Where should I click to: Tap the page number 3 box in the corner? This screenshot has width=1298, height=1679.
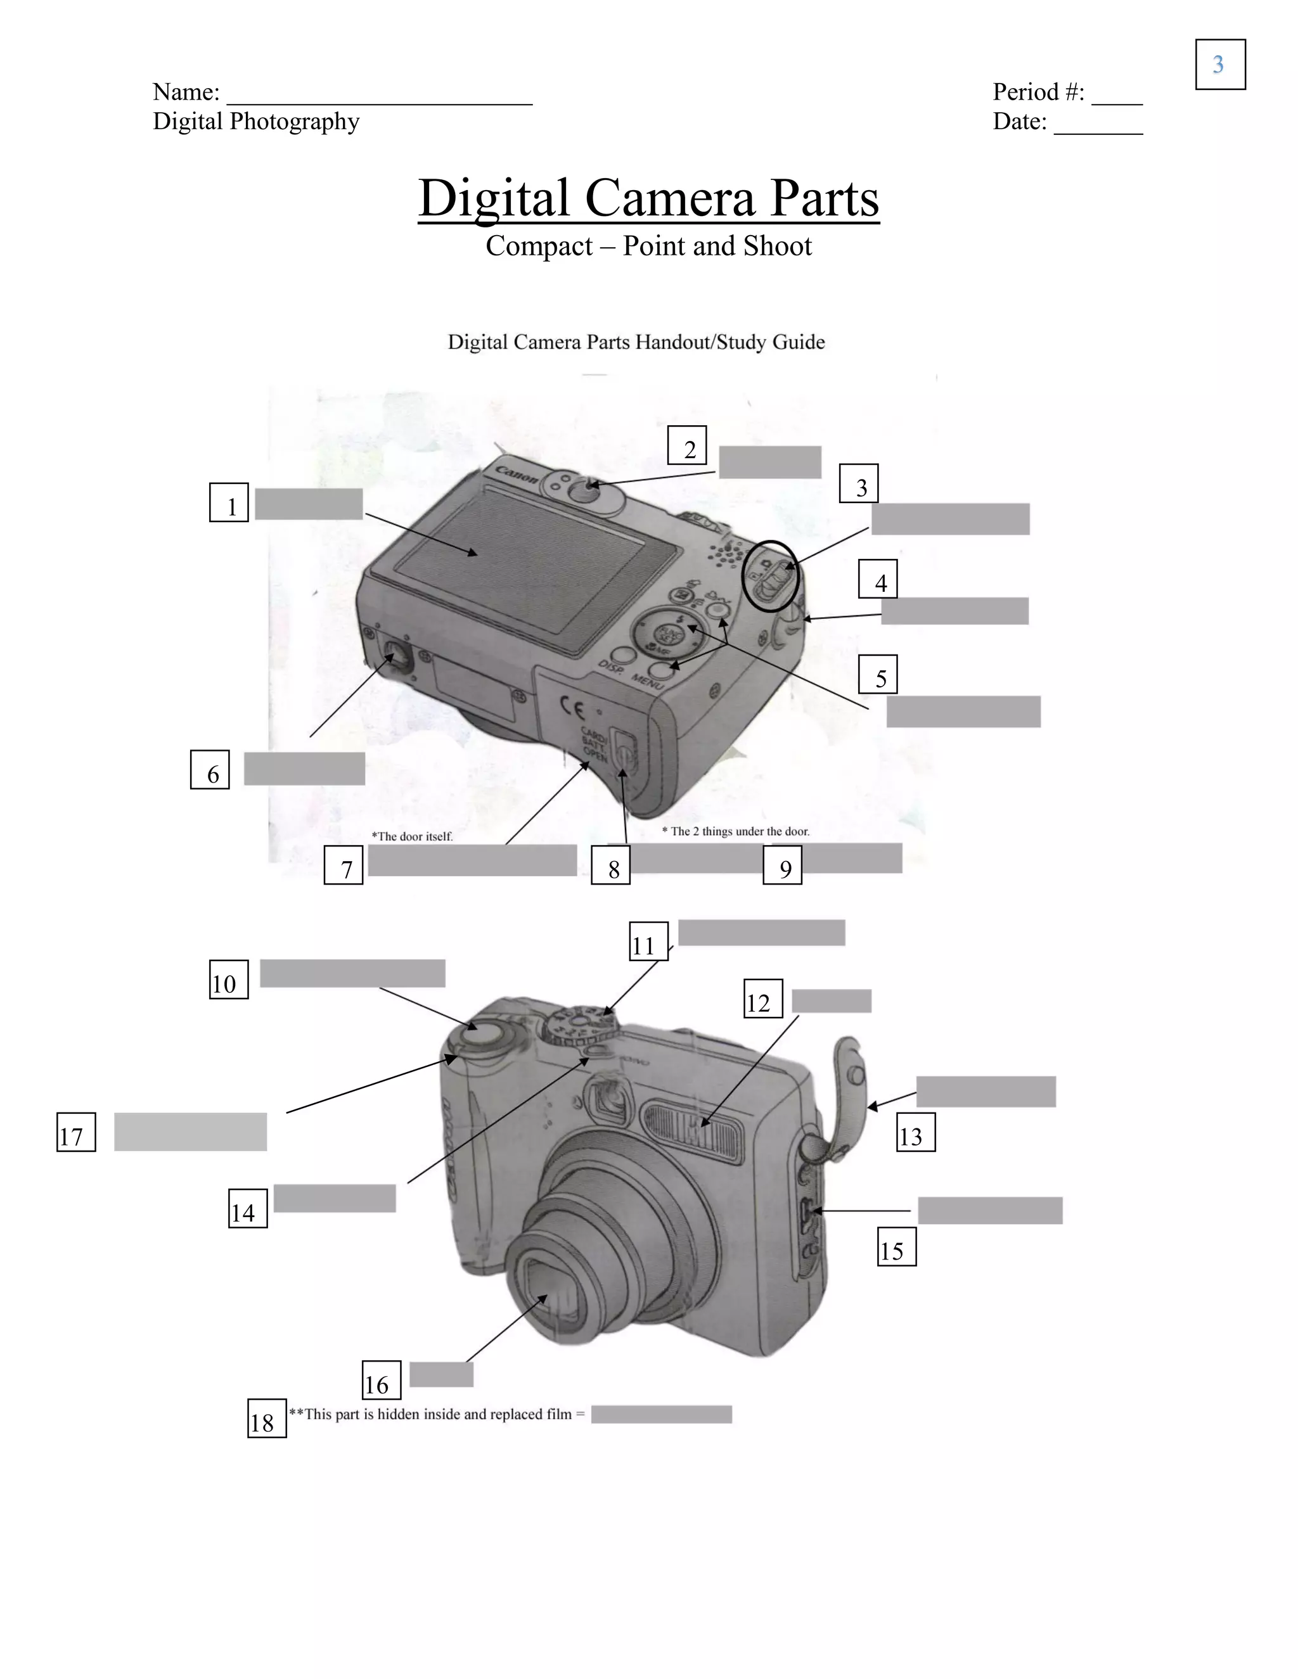click(x=1220, y=65)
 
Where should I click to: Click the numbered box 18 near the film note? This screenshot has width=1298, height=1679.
click(x=267, y=1419)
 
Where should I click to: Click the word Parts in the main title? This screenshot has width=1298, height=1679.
click(x=823, y=198)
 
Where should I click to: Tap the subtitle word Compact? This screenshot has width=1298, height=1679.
click(x=539, y=246)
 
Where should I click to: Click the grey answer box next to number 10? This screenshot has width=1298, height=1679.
click(x=352, y=973)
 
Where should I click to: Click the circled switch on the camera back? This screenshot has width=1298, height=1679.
click(x=771, y=576)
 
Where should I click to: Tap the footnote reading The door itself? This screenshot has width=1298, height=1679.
click(x=412, y=836)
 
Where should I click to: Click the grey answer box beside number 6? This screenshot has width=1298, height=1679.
click(x=304, y=769)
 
